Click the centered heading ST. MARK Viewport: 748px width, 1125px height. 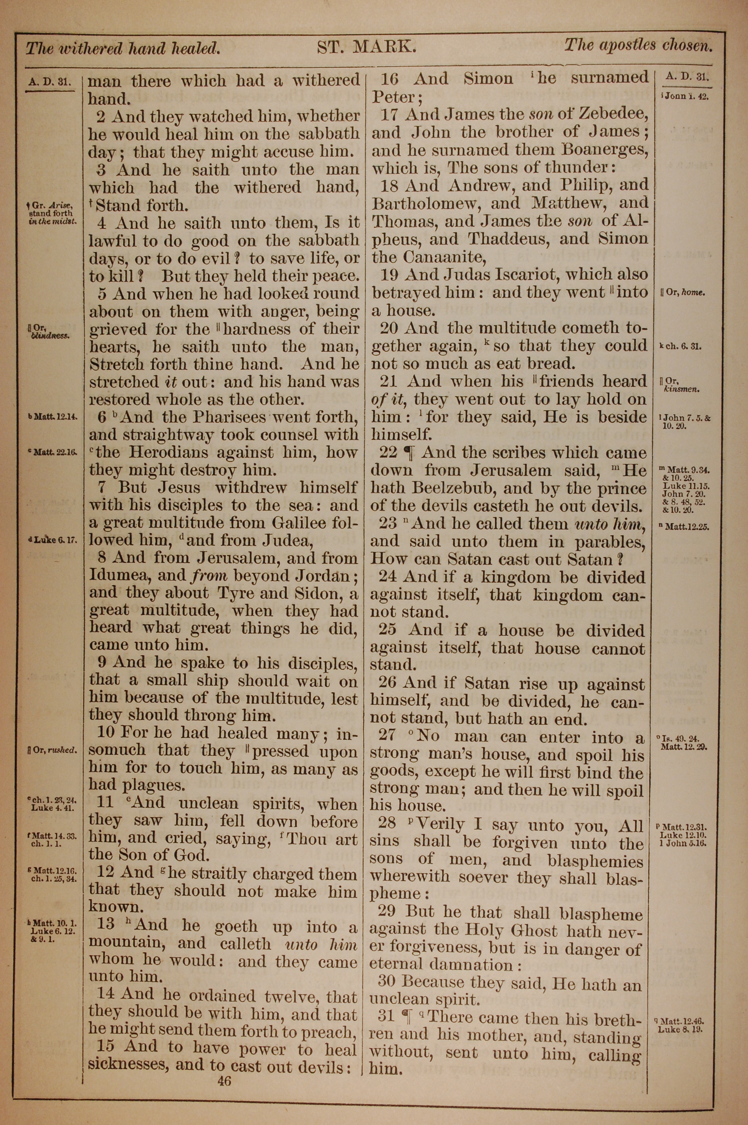367,47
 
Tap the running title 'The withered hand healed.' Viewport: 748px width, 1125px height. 123,48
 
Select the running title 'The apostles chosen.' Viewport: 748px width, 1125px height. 638,45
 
